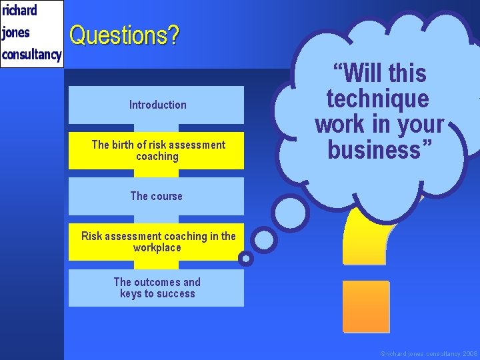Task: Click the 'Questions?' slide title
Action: click(x=124, y=35)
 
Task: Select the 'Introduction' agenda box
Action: click(x=157, y=105)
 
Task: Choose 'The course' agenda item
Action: click(x=156, y=196)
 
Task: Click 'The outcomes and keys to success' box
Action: click(x=157, y=288)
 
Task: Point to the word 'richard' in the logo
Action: click(x=19, y=11)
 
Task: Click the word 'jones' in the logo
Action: click(x=16, y=33)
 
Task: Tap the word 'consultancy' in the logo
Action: click(x=31, y=54)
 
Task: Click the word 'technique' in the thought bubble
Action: click(x=377, y=99)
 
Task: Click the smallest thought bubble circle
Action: click(x=246, y=258)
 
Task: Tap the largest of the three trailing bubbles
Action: click(x=292, y=213)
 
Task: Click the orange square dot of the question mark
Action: click(x=365, y=306)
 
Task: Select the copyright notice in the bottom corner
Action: click(x=428, y=353)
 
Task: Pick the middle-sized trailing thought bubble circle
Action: click(x=264, y=239)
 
